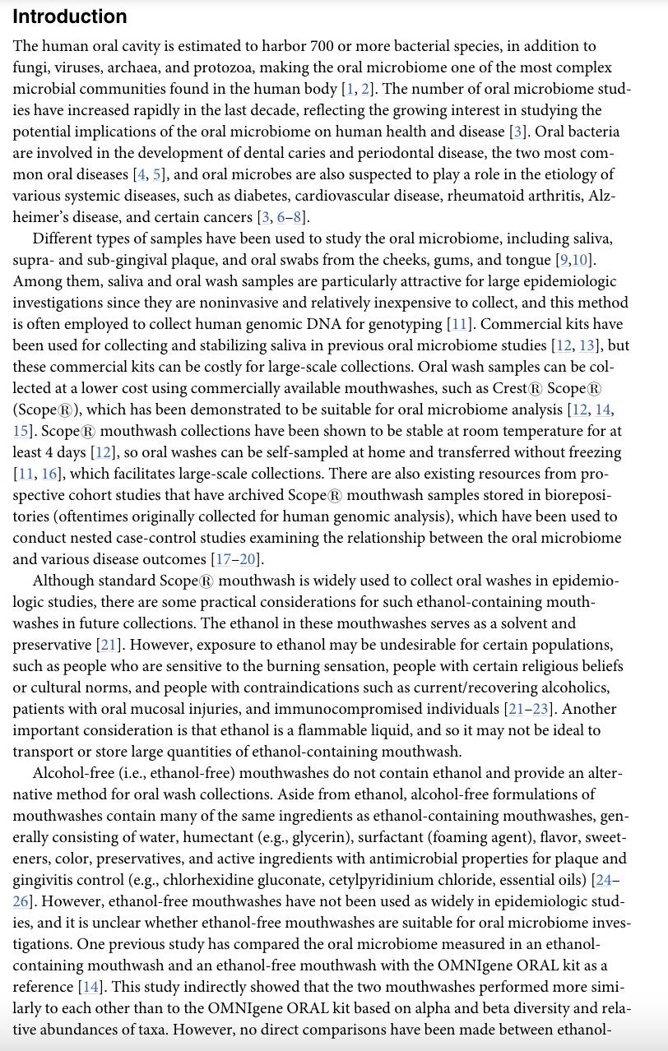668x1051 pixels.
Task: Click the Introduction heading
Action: [x=70, y=16]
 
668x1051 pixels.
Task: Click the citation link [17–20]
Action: [x=238, y=559]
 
